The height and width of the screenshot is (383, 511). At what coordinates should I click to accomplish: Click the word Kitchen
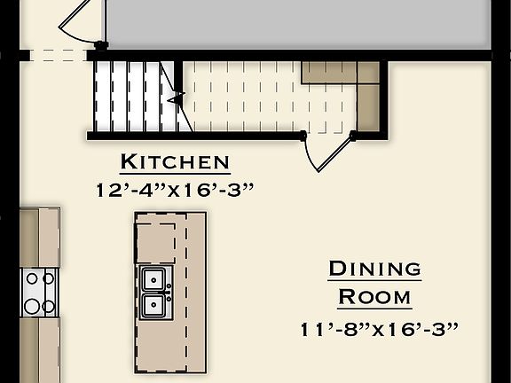(x=175, y=162)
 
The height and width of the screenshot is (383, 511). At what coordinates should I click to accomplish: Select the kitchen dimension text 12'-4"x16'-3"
(x=175, y=189)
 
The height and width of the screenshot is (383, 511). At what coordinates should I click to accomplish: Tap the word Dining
(x=374, y=269)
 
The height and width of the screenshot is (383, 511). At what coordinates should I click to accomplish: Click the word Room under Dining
(x=374, y=296)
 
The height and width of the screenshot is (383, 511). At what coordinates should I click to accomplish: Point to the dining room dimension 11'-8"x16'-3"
(x=379, y=330)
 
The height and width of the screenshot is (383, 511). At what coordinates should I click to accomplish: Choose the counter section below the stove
(x=40, y=350)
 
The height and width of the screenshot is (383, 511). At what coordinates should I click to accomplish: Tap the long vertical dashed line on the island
(x=187, y=293)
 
